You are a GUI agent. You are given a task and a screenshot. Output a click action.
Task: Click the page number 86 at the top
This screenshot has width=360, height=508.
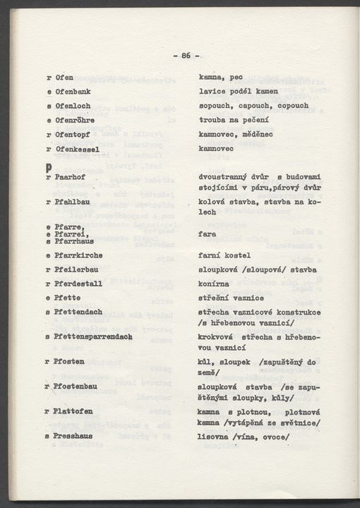coord(186,56)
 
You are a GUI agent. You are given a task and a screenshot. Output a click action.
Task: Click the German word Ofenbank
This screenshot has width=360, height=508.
coord(72,92)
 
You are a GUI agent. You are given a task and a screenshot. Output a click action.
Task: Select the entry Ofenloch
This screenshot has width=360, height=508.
coord(72,106)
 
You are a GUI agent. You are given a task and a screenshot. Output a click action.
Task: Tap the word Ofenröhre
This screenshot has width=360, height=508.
coord(74,120)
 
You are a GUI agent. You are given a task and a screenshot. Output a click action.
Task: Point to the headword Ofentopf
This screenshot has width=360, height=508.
coord(72,134)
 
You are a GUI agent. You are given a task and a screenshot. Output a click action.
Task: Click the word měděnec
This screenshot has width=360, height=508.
coord(255,134)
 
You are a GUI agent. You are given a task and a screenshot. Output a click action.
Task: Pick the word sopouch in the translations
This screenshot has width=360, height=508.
coord(215,106)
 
